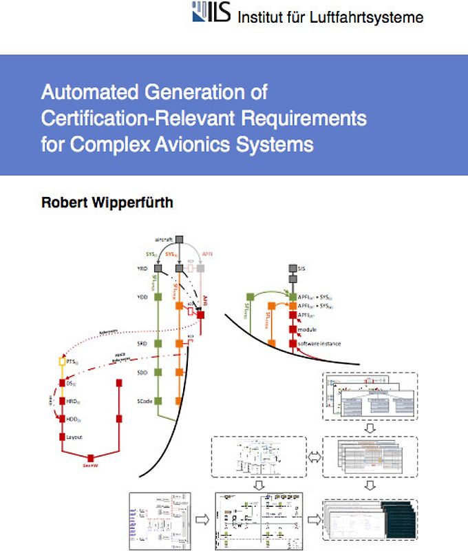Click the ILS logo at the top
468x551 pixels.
tap(211, 13)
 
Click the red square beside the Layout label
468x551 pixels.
tap(63, 437)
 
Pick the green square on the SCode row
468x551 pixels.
tap(158, 400)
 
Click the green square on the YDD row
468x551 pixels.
tap(158, 298)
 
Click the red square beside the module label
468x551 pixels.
tap(292, 329)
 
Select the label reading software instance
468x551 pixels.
tap(319, 343)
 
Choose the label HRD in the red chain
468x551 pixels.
tap(72, 400)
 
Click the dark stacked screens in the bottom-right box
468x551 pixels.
tap(401, 523)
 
